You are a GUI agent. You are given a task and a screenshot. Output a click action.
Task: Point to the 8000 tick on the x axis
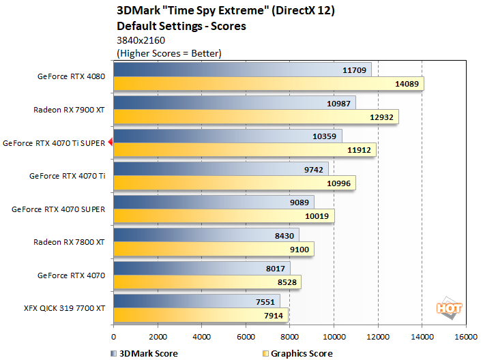click(289, 337)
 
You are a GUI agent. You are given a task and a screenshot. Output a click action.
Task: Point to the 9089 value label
click(299, 201)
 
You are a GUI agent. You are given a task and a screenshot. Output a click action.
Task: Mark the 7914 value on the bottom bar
click(274, 315)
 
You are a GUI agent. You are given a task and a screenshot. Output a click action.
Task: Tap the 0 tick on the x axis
click(113, 337)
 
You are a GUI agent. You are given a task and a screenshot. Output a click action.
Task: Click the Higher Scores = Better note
click(169, 52)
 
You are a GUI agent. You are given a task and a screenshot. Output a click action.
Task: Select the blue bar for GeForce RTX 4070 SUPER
click(214, 201)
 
